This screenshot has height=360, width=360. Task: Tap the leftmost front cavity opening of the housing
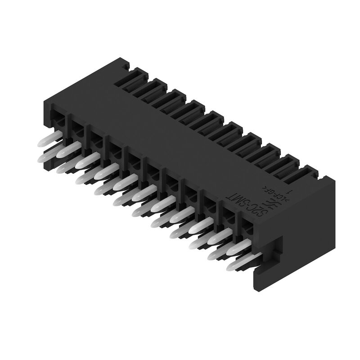(x=58, y=118)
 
